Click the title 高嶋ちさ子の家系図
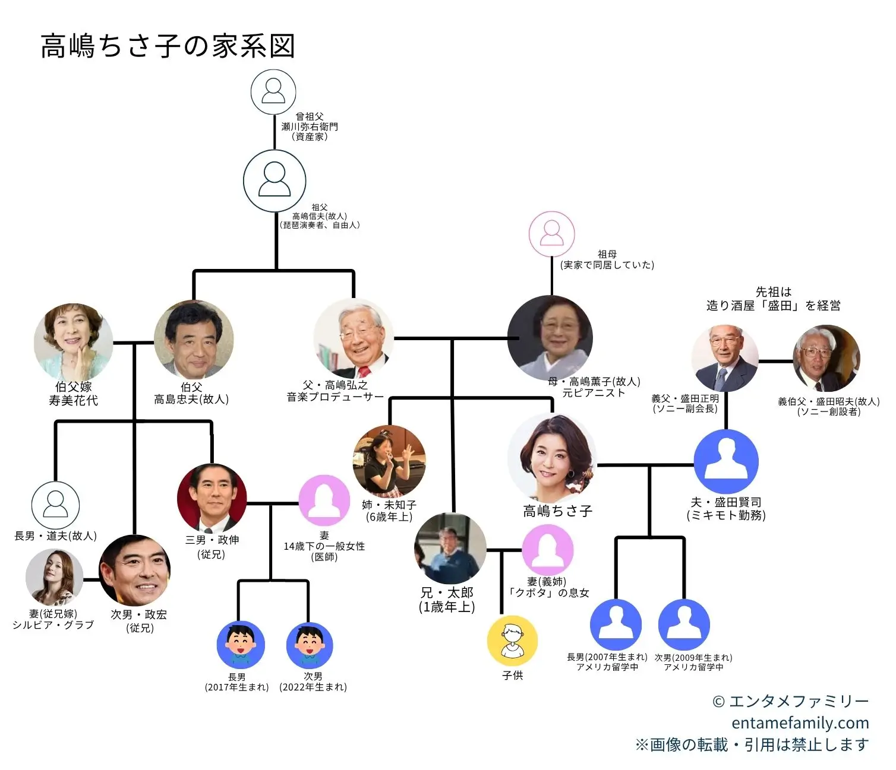point(168,46)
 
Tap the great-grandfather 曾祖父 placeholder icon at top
point(273,92)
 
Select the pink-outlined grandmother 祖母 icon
point(552,234)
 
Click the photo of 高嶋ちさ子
point(553,458)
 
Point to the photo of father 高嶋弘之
point(354,338)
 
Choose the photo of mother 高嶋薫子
point(550,338)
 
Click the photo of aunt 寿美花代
point(74,343)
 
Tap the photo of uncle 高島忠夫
point(194,340)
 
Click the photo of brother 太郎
point(450,549)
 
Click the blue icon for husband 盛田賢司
point(726,462)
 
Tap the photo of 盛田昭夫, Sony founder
point(826,358)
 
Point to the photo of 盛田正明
point(725,358)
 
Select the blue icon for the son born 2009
point(684,625)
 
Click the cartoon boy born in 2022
point(309,645)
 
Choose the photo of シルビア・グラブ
point(55,577)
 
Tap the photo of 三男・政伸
point(212,498)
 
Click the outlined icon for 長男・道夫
point(55,505)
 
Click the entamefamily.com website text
point(800,723)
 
